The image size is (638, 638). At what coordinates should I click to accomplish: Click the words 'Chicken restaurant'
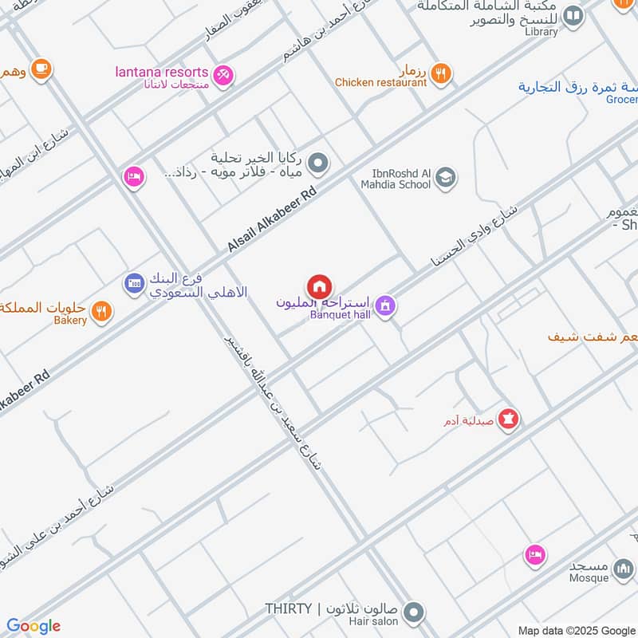tap(380, 82)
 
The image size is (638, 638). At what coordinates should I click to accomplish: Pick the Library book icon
tap(573, 15)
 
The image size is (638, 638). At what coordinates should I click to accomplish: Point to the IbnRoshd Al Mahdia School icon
tap(446, 177)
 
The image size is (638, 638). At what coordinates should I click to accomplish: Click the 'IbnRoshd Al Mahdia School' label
tap(400, 178)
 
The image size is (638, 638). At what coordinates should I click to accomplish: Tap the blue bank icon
tap(133, 282)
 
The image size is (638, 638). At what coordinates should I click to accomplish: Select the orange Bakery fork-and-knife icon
tap(100, 311)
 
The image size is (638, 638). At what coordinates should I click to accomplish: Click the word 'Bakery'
tap(70, 321)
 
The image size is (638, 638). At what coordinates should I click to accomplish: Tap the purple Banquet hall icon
tap(385, 305)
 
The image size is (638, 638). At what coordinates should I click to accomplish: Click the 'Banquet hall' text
tap(341, 315)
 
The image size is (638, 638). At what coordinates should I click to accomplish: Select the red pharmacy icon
tap(509, 417)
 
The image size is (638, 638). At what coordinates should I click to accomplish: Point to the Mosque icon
tap(624, 569)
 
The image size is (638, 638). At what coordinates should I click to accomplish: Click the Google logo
tap(33, 626)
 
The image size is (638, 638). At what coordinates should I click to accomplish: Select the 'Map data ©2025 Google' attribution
tap(577, 630)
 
